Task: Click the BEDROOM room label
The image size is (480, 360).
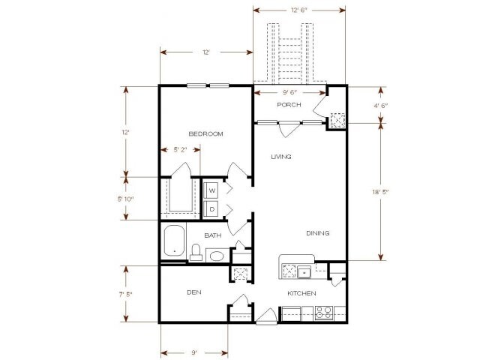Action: pyautogui.click(x=206, y=134)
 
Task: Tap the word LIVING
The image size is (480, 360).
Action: pyautogui.click(x=281, y=157)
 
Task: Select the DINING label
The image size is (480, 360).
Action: pyautogui.click(x=317, y=233)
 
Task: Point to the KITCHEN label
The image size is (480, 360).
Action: pyautogui.click(x=301, y=292)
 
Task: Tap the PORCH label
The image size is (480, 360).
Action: pyautogui.click(x=289, y=105)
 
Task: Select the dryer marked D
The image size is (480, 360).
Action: pyautogui.click(x=212, y=208)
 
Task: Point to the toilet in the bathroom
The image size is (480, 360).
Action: pyautogui.click(x=196, y=252)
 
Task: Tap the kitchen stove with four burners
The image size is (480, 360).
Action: pyautogui.click(x=325, y=313)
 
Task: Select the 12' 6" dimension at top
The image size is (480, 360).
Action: pyautogui.click(x=299, y=10)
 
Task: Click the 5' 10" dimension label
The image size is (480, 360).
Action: pyautogui.click(x=124, y=199)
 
